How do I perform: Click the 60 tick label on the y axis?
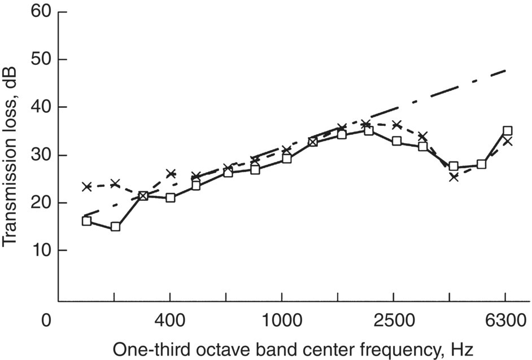click(x=43, y=12)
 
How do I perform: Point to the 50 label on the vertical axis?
click(x=43, y=60)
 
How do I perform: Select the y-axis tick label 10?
click(x=43, y=251)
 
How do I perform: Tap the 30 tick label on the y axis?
click(x=43, y=155)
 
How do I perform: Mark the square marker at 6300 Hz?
click(x=507, y=131)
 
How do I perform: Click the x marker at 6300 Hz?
click(x=507, y=141)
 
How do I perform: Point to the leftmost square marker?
click(x=86, y=221)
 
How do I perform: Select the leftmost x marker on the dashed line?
click(x=86, y=186)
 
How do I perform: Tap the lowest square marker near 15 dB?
click(x=115, y=227)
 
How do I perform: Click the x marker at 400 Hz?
click(x=170, y=174)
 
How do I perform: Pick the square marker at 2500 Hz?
click(x=396, y=141)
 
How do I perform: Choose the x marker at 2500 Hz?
click(x=396, y=125)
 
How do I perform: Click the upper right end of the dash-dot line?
click(x=507, y=70)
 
